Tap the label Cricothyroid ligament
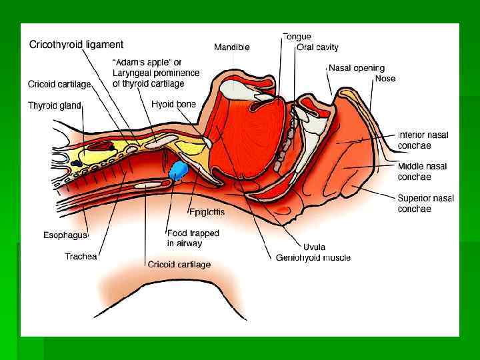click(76, 45)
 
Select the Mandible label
click(231, 47)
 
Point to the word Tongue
click(297, 36)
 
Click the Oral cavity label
click(318, 47)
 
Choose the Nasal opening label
click(356, 68)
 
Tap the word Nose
click(385, 79)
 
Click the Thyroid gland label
click(54, 105)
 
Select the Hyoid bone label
click(173, 105)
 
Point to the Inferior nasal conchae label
click(423, 140)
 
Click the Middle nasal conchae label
click(422, 171)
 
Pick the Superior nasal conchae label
click(425, 203)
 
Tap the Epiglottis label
click(207, 212)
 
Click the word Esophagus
click(65, 235)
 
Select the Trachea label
click(81, 256)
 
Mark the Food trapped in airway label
click(193, 239)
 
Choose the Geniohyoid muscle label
click(313, 257)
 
